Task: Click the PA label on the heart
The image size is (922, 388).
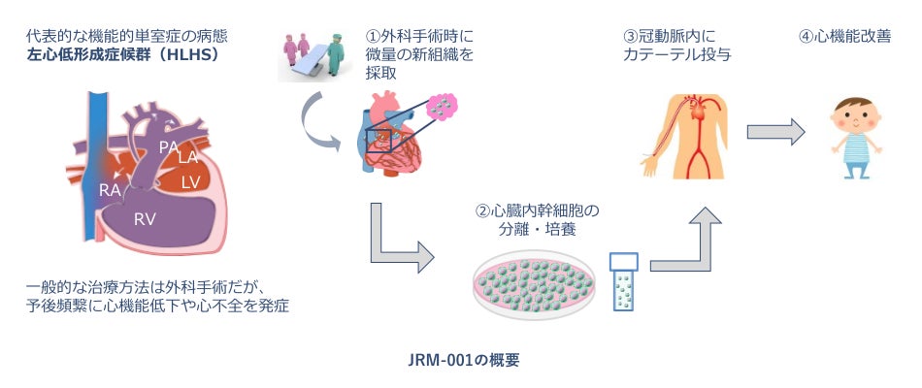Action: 169,147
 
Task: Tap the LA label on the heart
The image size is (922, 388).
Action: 189,156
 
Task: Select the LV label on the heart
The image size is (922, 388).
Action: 192,182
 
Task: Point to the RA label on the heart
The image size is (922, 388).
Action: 110,190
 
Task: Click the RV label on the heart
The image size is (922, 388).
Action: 146,219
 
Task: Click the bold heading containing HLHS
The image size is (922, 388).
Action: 123,55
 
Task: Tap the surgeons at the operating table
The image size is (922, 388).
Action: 313,54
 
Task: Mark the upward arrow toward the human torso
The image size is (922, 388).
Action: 690,238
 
